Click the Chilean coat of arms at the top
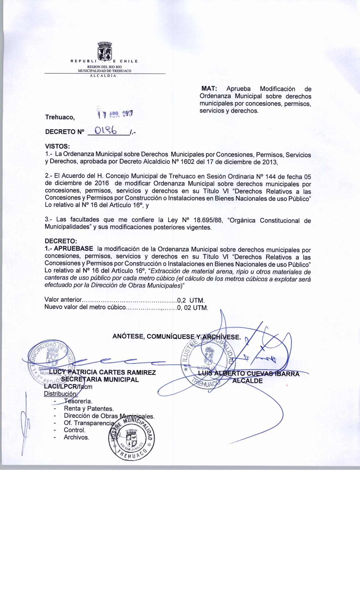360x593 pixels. pyautogui.click(x=105, y=51)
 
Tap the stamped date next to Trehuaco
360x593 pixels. pyautogui.click(x=116, y=114)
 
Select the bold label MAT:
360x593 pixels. pyautogui.click(x=209, y=89)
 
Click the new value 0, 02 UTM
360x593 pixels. pyautogui.click(x=192, y=308)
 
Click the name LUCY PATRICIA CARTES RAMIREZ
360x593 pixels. pyautogui.click(x=102, y=372)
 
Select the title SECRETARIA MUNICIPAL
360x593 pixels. pyautogui.click(x=100, y=380)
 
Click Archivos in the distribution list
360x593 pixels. pyautogui.click(x=77, y=438)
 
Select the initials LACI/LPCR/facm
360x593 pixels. pyautogui.click(x=68, y=387)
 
